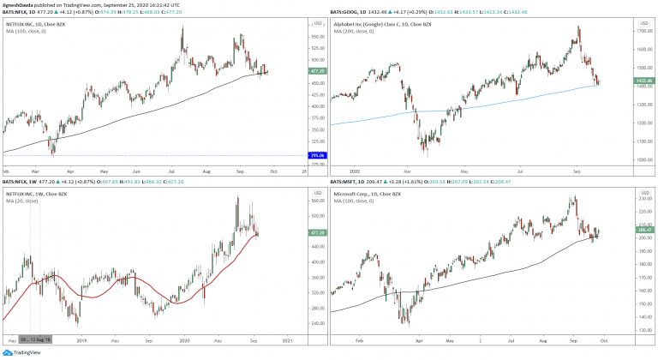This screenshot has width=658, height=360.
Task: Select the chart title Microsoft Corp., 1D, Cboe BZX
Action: coord(370,194)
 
